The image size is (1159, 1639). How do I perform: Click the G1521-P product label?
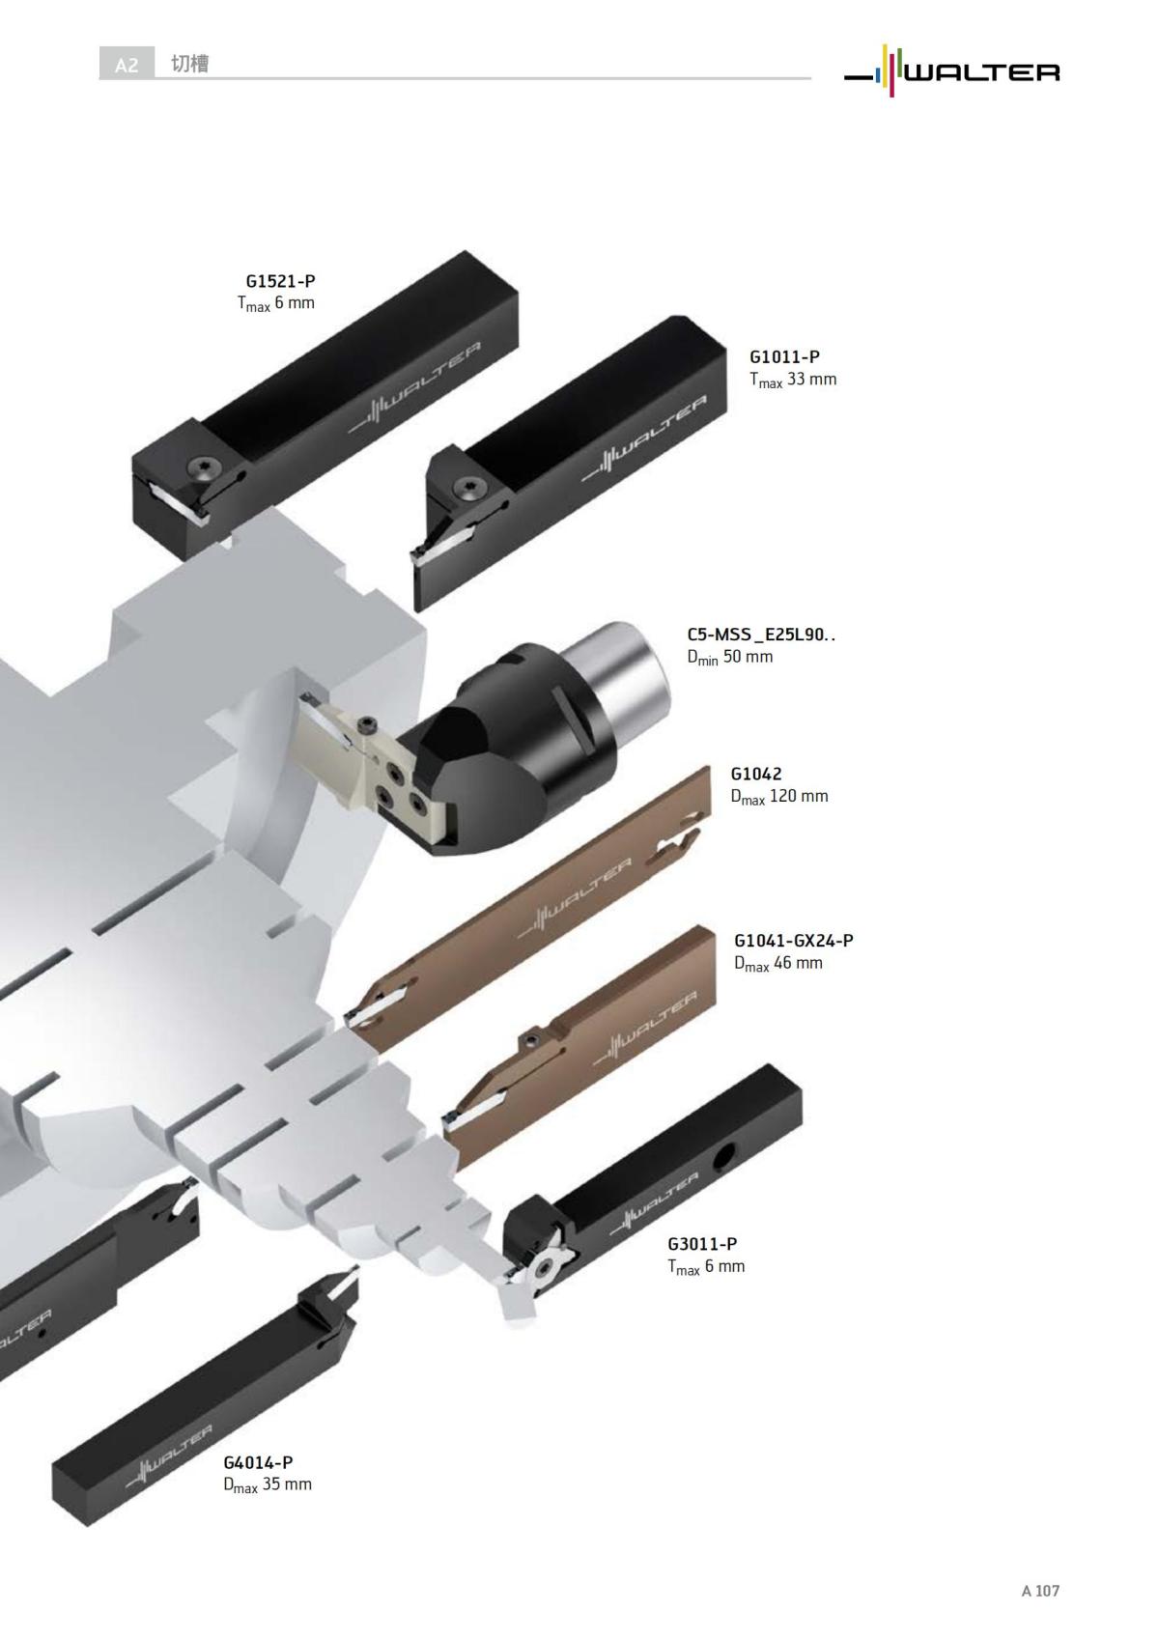tap(280, 281)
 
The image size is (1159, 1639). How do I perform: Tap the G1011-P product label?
tap(784, 357)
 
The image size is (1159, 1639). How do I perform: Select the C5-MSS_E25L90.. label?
tap(761, 635)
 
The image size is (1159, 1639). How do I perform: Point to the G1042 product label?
tap(756, 774)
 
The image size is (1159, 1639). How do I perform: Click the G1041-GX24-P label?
tap(794, 941)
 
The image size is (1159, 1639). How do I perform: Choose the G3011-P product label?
tap(702, 1244)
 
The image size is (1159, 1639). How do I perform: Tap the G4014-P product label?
tap(258, 1462)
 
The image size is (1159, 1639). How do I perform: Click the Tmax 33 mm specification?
tap(792, 381)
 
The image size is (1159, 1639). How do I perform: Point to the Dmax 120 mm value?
tap(779, 797)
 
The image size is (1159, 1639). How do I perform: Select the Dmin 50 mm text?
tap(729, 657)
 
